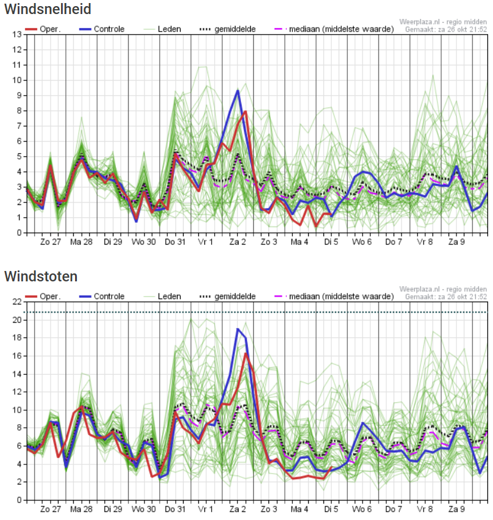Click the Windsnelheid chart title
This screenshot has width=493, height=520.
click(x=48, y=9)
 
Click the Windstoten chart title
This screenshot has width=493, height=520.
click(x=41, y=276)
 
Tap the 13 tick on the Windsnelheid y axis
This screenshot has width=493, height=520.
click(x=17, y=35)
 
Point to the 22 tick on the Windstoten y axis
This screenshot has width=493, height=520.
click(x=17, y=302)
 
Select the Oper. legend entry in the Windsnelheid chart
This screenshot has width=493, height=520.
click(x=43, y=29)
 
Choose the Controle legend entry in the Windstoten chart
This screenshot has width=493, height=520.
click(x=102, y=297)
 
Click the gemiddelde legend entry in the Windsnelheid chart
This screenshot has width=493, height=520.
click(x=228, y=29)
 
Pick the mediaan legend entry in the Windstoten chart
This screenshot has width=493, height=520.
click(x=334, y=297)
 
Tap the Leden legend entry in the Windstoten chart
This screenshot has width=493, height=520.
click(x=162, y=297)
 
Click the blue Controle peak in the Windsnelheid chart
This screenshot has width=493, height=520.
click(x=238, y=90)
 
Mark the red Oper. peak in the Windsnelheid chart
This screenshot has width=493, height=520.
click(x=246, y=112)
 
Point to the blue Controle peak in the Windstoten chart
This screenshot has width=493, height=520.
click(x=238, y=329)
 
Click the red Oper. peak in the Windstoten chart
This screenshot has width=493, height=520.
click(x=246, y=353)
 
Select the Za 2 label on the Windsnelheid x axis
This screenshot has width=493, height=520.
click(x=238, y=242)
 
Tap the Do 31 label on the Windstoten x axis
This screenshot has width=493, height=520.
click(x=175, y=509)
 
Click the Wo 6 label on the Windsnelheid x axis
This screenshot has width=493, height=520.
click(x=362, y=242)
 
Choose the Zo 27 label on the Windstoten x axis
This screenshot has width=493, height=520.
click(x=51, y=509)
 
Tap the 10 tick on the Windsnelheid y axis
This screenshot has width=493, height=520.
click(x=17, y=80)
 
